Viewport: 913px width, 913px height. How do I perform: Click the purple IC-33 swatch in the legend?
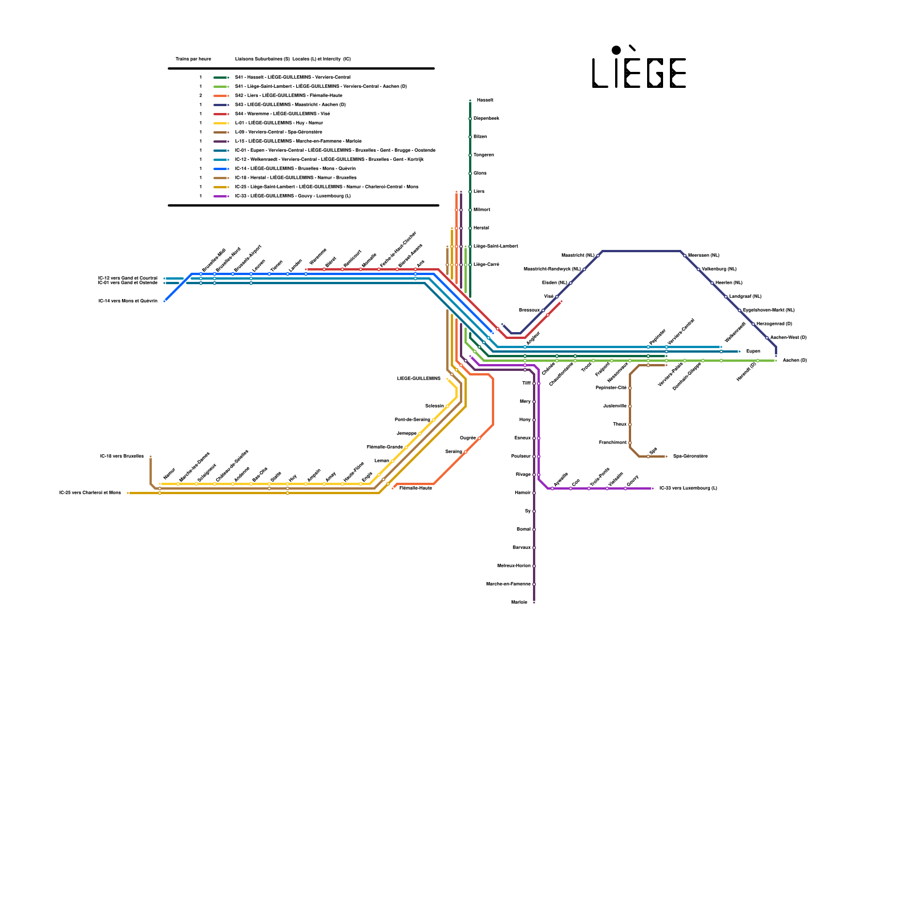[x=221, y=196]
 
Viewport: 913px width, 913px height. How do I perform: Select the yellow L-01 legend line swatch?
[x=221, y=123]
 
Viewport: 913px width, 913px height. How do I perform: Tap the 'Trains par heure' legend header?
[x=193, y=59]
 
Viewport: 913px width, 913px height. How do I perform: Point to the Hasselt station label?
[x=485, y=100]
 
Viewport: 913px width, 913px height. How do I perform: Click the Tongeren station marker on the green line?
[x=470, y=155]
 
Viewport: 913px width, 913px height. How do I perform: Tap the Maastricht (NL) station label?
[x=577, y=256]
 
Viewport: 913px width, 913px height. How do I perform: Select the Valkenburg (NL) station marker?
[x=698, y=269]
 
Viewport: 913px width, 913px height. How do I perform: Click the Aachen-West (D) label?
[x=788, y=338]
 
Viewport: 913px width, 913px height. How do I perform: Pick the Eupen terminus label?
[x=753, y=352]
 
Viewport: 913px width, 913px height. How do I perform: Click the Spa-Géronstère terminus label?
[x=690, y=457]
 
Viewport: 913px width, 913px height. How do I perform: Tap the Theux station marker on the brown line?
[x=630, y=425]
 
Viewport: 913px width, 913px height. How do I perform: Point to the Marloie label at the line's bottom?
[x=519, y=603]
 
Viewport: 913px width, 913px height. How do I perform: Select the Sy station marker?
[x=534, y=511]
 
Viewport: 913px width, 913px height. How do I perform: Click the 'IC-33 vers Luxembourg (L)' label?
[x=688, y=488]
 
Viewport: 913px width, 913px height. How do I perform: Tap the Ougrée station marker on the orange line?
[x=479, y=438]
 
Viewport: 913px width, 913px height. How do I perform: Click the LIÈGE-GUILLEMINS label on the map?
[x=419, y=379]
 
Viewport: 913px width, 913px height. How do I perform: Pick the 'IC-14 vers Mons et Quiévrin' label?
[x=128, y=301]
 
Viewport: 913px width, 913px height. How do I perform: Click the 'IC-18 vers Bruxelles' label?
[x=122, y=457]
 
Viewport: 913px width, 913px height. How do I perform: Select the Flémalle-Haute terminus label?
[x=415, y=488]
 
